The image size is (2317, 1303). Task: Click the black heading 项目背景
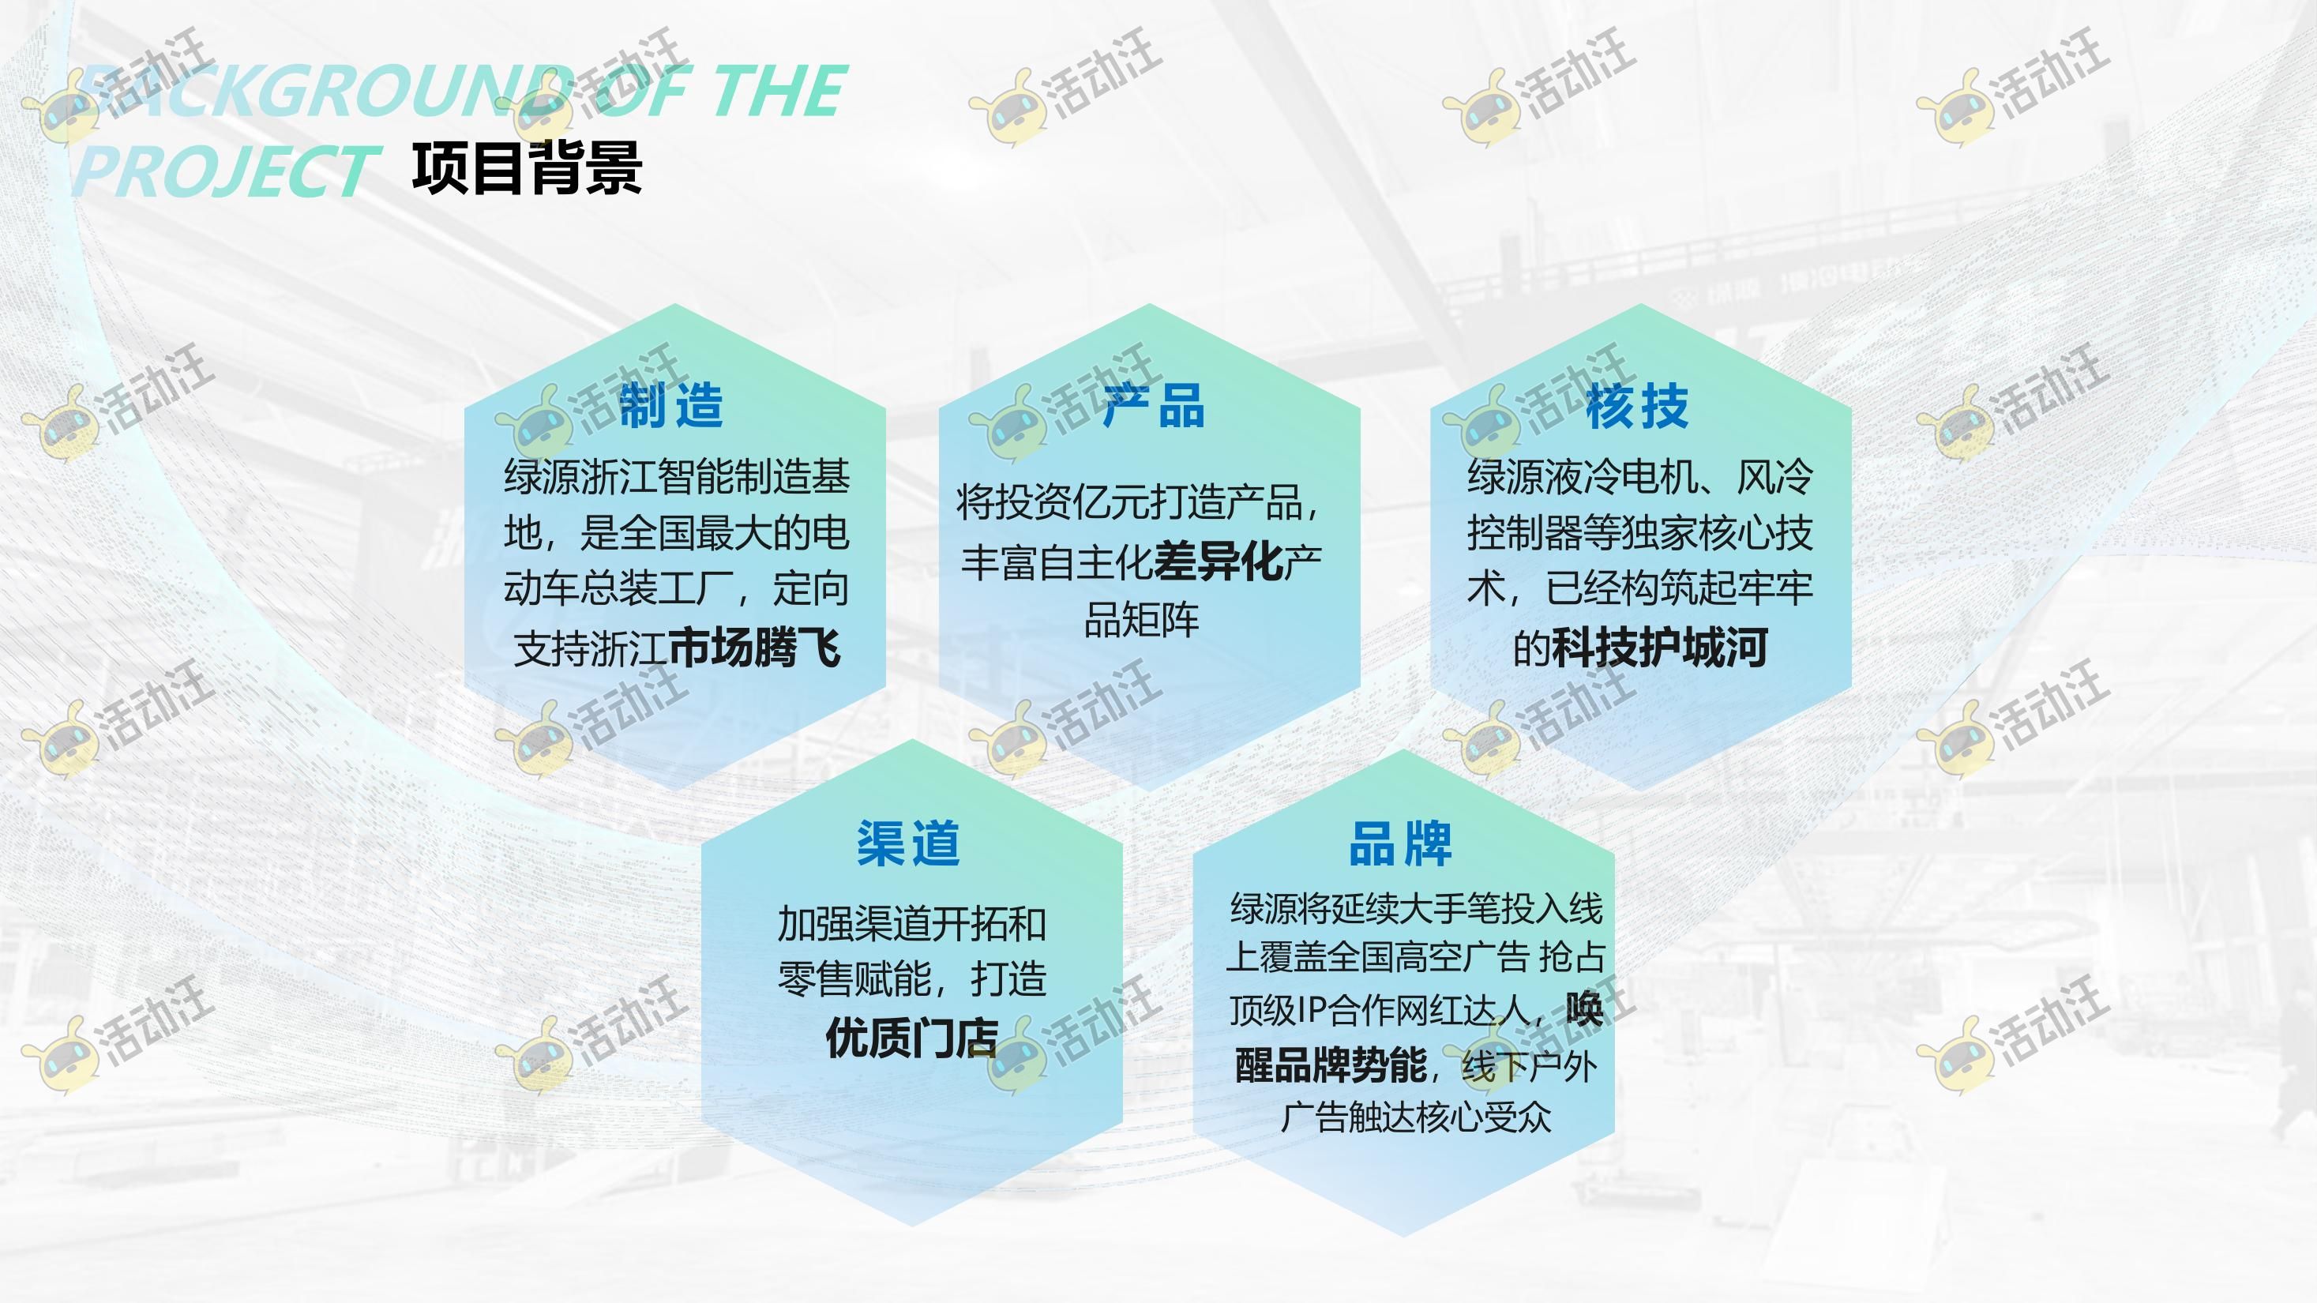[527, 168]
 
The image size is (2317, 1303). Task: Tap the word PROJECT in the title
[223, 171]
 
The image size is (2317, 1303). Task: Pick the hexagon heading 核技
[1637, 406]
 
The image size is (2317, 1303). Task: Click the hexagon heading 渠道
[908, 843]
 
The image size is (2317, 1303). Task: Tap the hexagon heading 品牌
[1400, 843]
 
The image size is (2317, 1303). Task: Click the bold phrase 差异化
[1218, 562]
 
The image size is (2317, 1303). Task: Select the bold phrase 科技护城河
[1659, 648]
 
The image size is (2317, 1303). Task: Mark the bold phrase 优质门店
[912, 1038]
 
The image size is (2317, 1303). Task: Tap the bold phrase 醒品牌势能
[1331, 1065]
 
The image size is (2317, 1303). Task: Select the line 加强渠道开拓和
[912, 925]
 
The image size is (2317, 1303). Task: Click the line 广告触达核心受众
[1416, 1117]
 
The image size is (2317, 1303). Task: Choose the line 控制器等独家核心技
[1639, 533]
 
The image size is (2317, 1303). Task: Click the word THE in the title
[779, 91]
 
